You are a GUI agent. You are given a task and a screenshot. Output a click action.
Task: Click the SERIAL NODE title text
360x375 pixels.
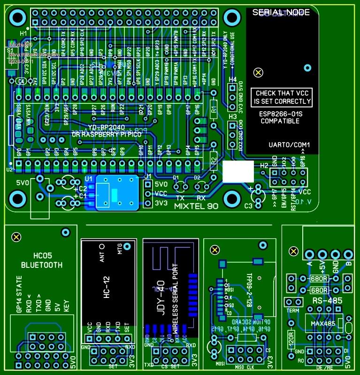(280, 12)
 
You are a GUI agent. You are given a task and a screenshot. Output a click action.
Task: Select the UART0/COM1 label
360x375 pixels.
(290, 144)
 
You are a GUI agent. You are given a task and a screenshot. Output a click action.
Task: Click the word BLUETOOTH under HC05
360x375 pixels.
(41, 265)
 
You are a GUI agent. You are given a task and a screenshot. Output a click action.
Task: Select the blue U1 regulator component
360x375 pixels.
(117, 193)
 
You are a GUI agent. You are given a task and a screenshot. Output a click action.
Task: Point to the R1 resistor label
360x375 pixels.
(213, 111)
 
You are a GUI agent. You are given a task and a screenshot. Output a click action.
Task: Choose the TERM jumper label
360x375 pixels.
(292, 311)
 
